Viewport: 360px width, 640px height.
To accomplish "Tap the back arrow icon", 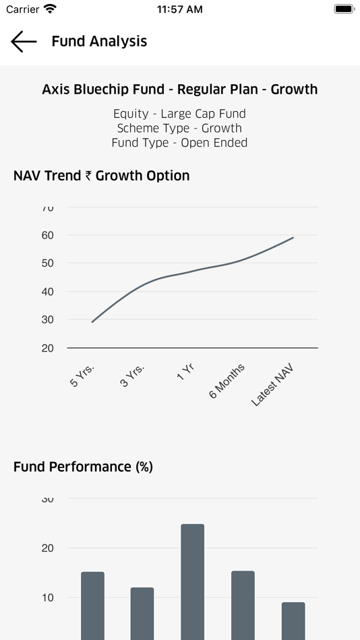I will [24, 41].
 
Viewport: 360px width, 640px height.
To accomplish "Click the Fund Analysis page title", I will [99, 41].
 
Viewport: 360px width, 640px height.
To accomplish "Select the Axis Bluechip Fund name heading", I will [179, 90].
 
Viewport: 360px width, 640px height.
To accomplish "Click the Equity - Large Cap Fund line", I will [179, 114].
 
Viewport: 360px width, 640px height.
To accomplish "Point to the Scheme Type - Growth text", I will [179, 128].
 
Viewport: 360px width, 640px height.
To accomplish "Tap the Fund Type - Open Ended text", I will [179, 143].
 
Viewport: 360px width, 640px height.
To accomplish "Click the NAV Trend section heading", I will [101, 176].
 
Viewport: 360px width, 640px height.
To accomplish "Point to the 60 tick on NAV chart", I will [47, 235].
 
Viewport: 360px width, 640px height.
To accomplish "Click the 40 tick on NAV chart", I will [47, 292].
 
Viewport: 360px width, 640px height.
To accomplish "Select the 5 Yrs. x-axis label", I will [82, 376].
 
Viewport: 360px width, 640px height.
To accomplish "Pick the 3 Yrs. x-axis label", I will [132, 376].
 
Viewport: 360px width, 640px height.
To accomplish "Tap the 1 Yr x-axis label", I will [185, 372].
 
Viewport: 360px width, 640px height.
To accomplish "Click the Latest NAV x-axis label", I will [272, 384].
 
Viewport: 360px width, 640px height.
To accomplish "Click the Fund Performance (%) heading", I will [83, 467].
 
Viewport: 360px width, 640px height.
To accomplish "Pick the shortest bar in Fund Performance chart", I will [293, 620].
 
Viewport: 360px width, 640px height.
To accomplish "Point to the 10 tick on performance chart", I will [47, 598].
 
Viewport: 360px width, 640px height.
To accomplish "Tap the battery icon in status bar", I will [344, 9].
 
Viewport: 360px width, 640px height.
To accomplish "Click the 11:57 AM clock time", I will [179, 9].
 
